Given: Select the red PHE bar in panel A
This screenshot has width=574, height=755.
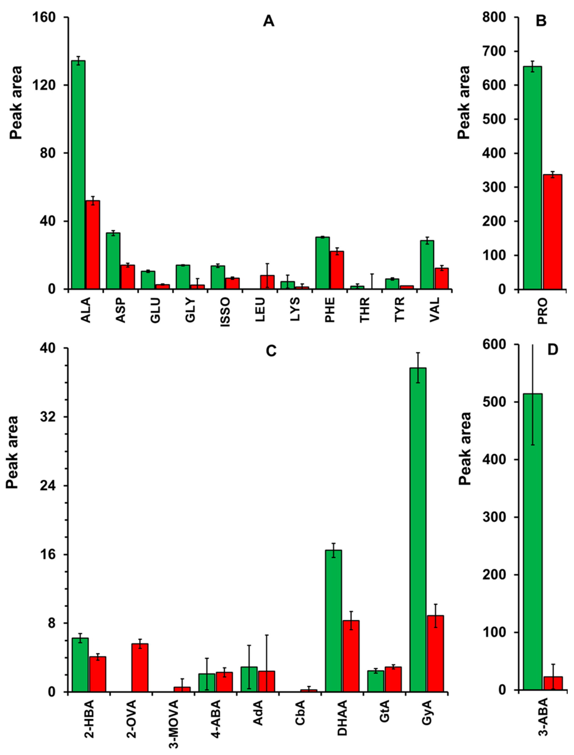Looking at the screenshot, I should (337, 270).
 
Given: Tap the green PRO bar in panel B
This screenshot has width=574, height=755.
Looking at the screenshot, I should (532, 177).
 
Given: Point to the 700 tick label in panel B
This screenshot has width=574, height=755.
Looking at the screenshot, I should (497, 51).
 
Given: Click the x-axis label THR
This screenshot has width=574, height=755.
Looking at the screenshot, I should (365, 309).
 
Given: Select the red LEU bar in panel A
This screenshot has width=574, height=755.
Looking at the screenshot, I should (267, 282).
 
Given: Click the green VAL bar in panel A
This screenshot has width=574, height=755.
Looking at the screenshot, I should (427, 265).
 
